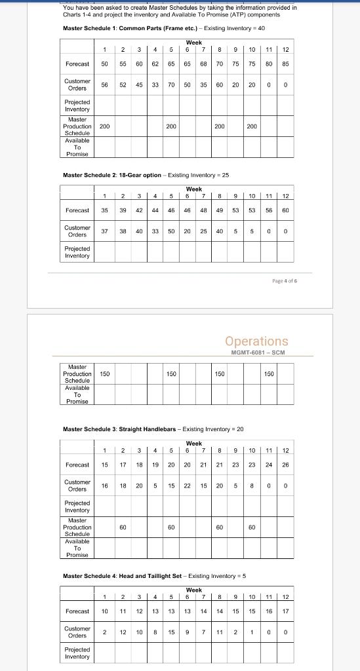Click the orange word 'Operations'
pos(256,341)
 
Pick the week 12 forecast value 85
pos(285,64)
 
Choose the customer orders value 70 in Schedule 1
pos(170,85)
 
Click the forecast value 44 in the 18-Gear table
pos(154,210)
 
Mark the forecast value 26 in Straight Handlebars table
pos(285,465)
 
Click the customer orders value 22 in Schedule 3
pos(187,486)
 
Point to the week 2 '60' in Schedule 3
pos(122,526)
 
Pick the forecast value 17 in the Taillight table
pos(285,611)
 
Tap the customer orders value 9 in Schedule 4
pos(187,632)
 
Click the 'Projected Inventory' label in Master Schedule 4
pos(77,653)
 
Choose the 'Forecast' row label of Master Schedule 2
pos(77,210)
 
